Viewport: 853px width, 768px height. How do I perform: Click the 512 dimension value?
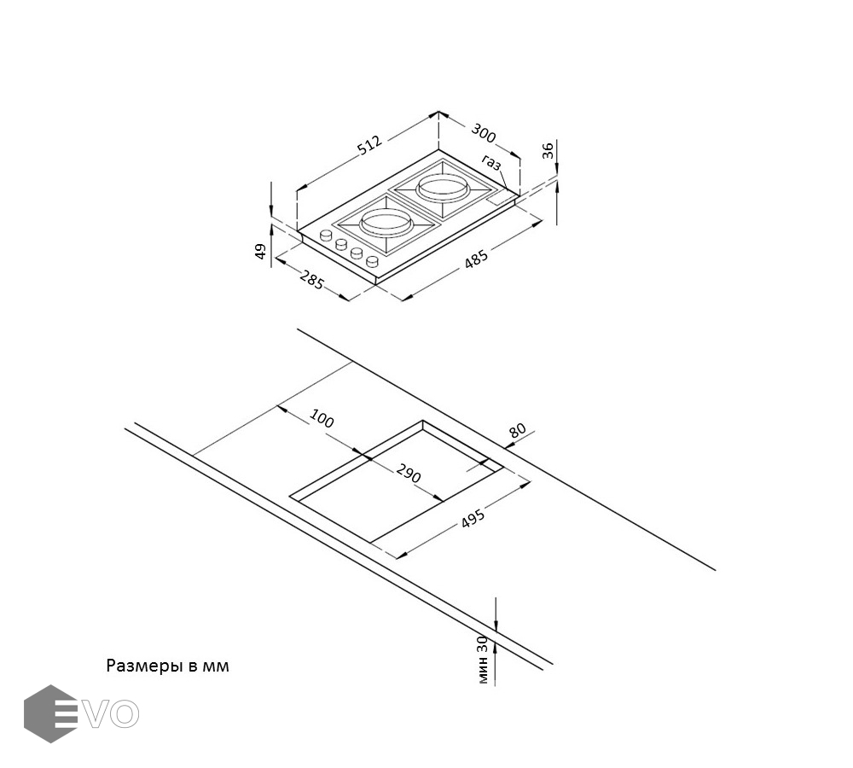(368, 145)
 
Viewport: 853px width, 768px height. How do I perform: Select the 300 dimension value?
(483, 133)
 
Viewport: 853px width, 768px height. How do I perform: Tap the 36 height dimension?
(549, 151)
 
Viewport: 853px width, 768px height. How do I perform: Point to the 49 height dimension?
(261, 251)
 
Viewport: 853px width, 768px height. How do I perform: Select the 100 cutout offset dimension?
(322, 418)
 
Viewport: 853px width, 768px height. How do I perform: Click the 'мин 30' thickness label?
(483, 659)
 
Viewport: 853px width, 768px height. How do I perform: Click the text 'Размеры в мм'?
(167, 666)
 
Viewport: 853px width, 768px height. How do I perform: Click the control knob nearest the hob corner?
(327, 235)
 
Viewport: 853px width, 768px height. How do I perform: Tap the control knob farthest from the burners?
(373, 262)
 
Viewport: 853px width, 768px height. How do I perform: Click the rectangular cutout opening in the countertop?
(401, 482)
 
